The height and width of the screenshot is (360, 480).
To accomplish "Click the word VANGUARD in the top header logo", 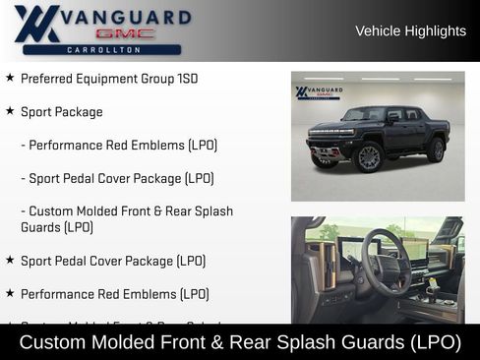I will (127, 17).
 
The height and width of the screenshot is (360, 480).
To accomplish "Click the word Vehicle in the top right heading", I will (379, 30).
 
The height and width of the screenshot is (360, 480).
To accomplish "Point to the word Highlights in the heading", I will (437, 30).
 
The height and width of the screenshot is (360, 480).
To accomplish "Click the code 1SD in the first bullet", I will (184, 79).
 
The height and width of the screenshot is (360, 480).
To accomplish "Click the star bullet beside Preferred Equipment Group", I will (10, 78).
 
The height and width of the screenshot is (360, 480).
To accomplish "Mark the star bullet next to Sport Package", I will (10, 111).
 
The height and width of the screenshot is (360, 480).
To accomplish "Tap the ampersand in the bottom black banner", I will (235, 342).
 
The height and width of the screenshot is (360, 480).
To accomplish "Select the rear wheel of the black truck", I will (435, 150).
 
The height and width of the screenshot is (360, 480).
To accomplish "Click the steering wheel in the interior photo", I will (385, 262).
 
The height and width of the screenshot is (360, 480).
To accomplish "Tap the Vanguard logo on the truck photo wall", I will (319, 92).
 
